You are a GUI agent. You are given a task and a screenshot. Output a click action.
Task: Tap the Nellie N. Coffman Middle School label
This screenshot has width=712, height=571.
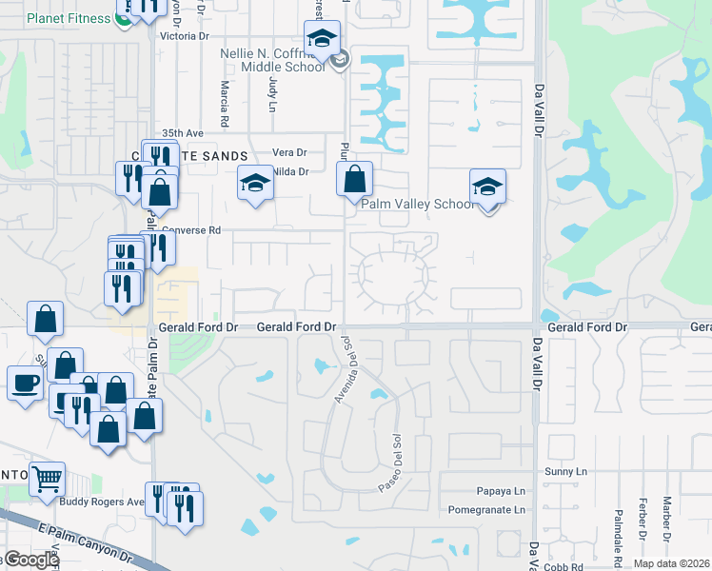(272, 61)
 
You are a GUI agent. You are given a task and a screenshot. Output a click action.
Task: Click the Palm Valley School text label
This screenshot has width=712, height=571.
(417, 204)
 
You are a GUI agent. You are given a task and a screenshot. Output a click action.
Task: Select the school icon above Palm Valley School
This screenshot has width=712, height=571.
(487, 187)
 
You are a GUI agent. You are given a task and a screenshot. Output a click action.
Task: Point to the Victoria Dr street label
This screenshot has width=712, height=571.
(185, 35)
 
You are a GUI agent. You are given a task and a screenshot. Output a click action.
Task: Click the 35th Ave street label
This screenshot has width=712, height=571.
(183, 133)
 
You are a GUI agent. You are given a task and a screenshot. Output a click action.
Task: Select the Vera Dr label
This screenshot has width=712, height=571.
(289, 152)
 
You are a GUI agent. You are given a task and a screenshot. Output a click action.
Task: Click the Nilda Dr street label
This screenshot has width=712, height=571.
(290, 171)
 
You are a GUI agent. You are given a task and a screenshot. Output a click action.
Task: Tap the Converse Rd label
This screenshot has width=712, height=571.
(190, 229)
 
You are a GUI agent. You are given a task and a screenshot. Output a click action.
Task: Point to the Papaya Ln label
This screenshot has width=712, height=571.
(501, 491)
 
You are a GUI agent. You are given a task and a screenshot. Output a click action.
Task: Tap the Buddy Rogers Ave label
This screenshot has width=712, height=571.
(102, 502)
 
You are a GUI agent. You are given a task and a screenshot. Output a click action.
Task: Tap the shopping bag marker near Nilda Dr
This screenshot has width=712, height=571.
(354, 178)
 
